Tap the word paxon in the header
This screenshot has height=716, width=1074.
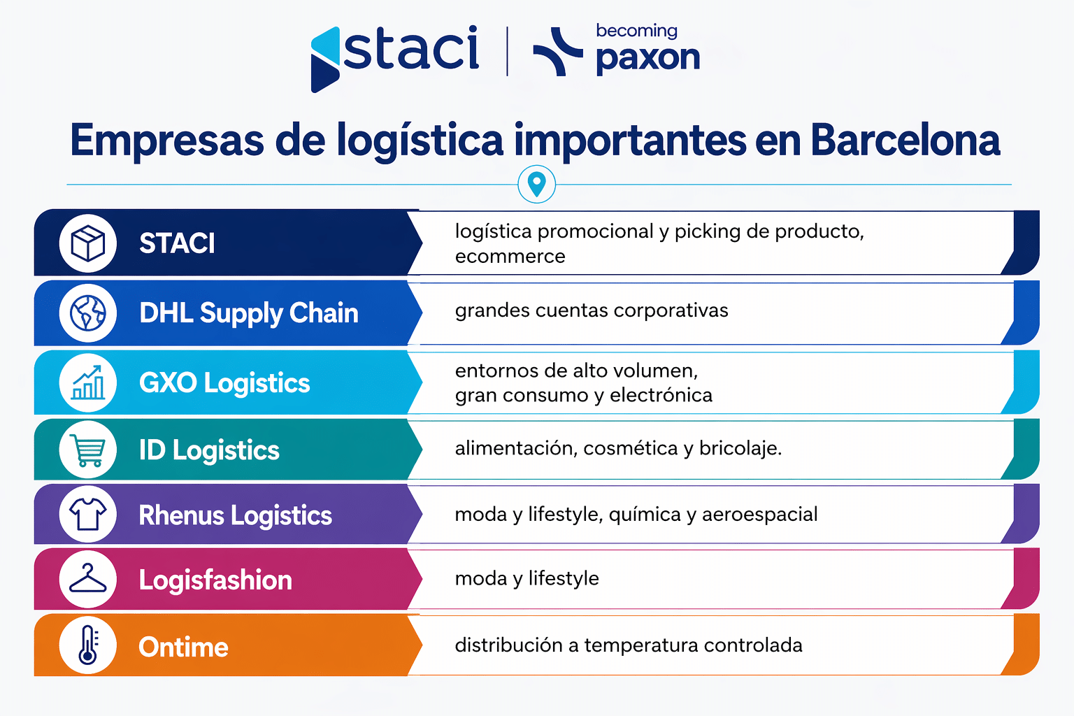[x=647, y=57]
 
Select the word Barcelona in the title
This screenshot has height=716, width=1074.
[x=905, y=140]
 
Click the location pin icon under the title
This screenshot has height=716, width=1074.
[x=536, y=185]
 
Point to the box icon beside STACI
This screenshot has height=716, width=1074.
[x=88, y=243]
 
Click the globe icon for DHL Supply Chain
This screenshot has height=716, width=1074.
[x=88, y=313]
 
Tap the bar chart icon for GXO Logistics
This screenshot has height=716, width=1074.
[x=88, y=382]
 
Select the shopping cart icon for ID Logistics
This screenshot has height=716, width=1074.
[x=88, y=450]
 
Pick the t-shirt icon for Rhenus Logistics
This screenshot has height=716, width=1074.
[x=88, y=515]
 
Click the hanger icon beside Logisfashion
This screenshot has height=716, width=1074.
[x=88, y=580]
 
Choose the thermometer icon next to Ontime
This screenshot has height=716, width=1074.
[x=88, y=645]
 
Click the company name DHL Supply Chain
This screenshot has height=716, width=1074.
[x=248, y=313]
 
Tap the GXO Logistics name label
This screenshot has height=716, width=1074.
[x=224, y=383]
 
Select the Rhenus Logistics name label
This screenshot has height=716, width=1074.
[x=235, y=515]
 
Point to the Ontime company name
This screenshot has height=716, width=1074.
[x=183, y=647]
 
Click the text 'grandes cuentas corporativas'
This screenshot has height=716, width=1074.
[x=592, y=310]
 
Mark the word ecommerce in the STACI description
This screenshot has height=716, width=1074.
[x=510, y=257]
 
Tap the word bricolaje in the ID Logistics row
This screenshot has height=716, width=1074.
[x=740, y=448]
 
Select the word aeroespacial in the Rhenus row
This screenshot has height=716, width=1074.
[x=759, y=515]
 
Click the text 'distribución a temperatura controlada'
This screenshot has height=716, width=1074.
[x=629, y=645]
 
